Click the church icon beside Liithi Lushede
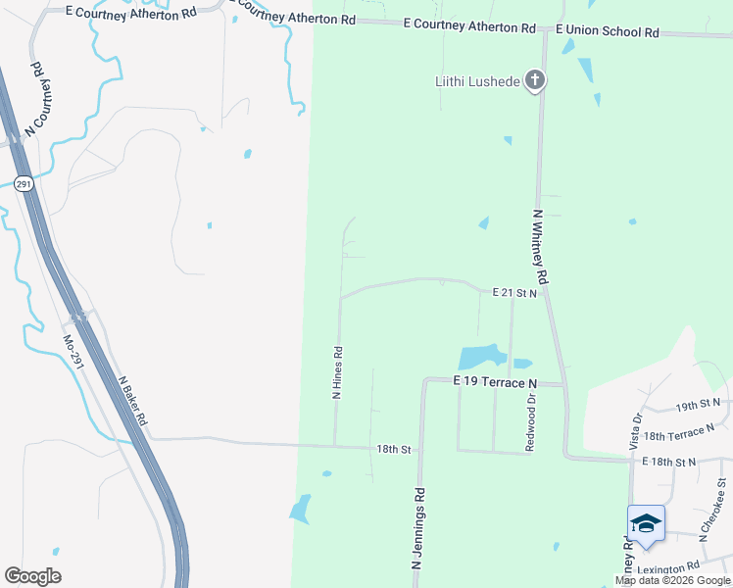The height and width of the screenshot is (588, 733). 534,80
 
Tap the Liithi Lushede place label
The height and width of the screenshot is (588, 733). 478,80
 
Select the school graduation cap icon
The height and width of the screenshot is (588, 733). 646,522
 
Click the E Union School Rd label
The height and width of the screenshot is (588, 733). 608,31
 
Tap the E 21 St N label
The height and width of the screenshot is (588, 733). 515,292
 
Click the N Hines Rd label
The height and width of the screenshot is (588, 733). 337,372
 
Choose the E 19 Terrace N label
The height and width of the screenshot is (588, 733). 496,381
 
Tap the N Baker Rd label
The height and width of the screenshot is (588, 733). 132,401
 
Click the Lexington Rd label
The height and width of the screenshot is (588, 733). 667,567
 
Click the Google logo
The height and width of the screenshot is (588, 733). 32,576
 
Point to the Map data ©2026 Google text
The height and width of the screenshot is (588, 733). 672,580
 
